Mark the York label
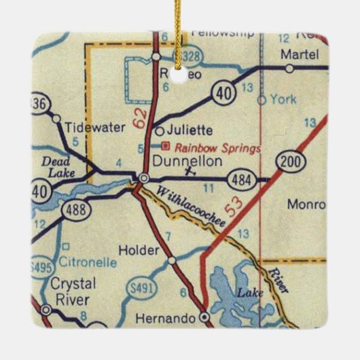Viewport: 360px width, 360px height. coord(283,99)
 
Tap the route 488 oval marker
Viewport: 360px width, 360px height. coord(72,211)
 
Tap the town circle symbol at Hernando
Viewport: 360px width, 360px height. coord(206,317)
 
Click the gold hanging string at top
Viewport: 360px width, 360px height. coord(179,34)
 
